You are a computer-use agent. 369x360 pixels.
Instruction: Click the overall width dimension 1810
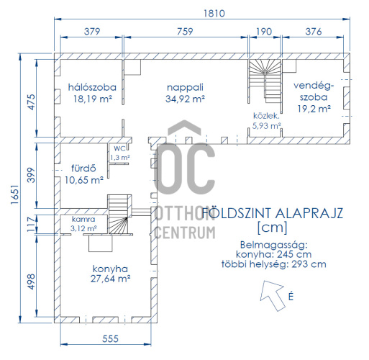click(214, 14)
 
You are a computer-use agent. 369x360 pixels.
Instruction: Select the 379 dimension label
click(92, 32)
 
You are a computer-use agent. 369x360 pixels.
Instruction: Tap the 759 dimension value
click(185, 32)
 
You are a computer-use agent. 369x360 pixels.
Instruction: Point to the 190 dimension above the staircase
click(264, 32)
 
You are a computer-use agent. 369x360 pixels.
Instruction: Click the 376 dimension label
click(314, 32)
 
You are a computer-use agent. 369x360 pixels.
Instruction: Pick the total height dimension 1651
click(15, 194)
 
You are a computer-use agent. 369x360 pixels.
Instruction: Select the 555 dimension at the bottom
click(110, 338)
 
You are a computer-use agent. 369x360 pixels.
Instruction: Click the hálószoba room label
click(92, 87)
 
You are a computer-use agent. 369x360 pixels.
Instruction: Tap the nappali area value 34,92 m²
click(185, 99)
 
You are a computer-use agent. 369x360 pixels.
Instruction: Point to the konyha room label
click(110, 269)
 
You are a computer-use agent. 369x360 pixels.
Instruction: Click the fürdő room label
click(83, 168)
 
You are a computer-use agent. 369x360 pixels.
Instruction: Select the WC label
click(119, 148)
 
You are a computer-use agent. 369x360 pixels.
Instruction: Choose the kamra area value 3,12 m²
click(83, 228)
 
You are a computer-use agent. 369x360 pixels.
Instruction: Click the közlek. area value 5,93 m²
click(267, 126)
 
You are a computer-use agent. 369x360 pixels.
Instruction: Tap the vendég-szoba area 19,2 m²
click(314, 109)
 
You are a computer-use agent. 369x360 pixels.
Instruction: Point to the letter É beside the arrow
click(291, 297)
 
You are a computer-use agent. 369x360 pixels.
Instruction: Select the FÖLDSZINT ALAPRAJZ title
click(273, 213)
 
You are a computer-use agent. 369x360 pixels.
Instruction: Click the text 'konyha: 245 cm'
click(274, 254)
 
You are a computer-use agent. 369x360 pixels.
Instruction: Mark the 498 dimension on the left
click(32, 282)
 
